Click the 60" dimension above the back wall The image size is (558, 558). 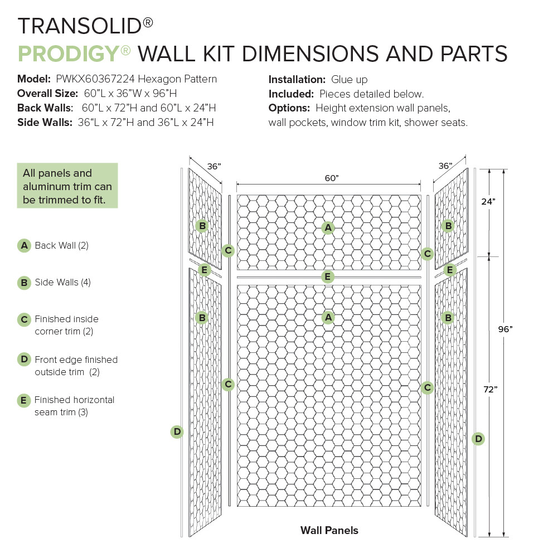(x=331, y=178)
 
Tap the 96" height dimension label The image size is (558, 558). (x=505, y=329)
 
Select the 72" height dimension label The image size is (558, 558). (x=490, y=390)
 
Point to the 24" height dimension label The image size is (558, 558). (x=489, y=202)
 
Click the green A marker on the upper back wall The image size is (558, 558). (x=328, y=227)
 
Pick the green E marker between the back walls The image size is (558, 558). (x=328, y=276)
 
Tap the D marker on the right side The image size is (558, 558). (x=478, y=439)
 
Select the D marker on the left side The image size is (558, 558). (x=177, y=431)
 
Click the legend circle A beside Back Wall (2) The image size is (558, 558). (x=24, y=245)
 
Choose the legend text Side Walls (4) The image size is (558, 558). (x=62, y=282)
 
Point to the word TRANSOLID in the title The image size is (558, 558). (x=79, y=26)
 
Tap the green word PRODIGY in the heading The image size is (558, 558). (x=68, y=54)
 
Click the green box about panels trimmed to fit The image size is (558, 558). (x=67, y=186)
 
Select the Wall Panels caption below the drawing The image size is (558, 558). (x=329, y=530)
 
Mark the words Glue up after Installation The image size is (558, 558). (x=350, y=80)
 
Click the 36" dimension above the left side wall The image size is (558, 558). (x=214, y=166)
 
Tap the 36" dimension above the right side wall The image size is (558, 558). (x=445, y=166)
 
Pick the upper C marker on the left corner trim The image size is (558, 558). (x=227, y=250)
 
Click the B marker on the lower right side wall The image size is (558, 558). (x=447, y=318)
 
